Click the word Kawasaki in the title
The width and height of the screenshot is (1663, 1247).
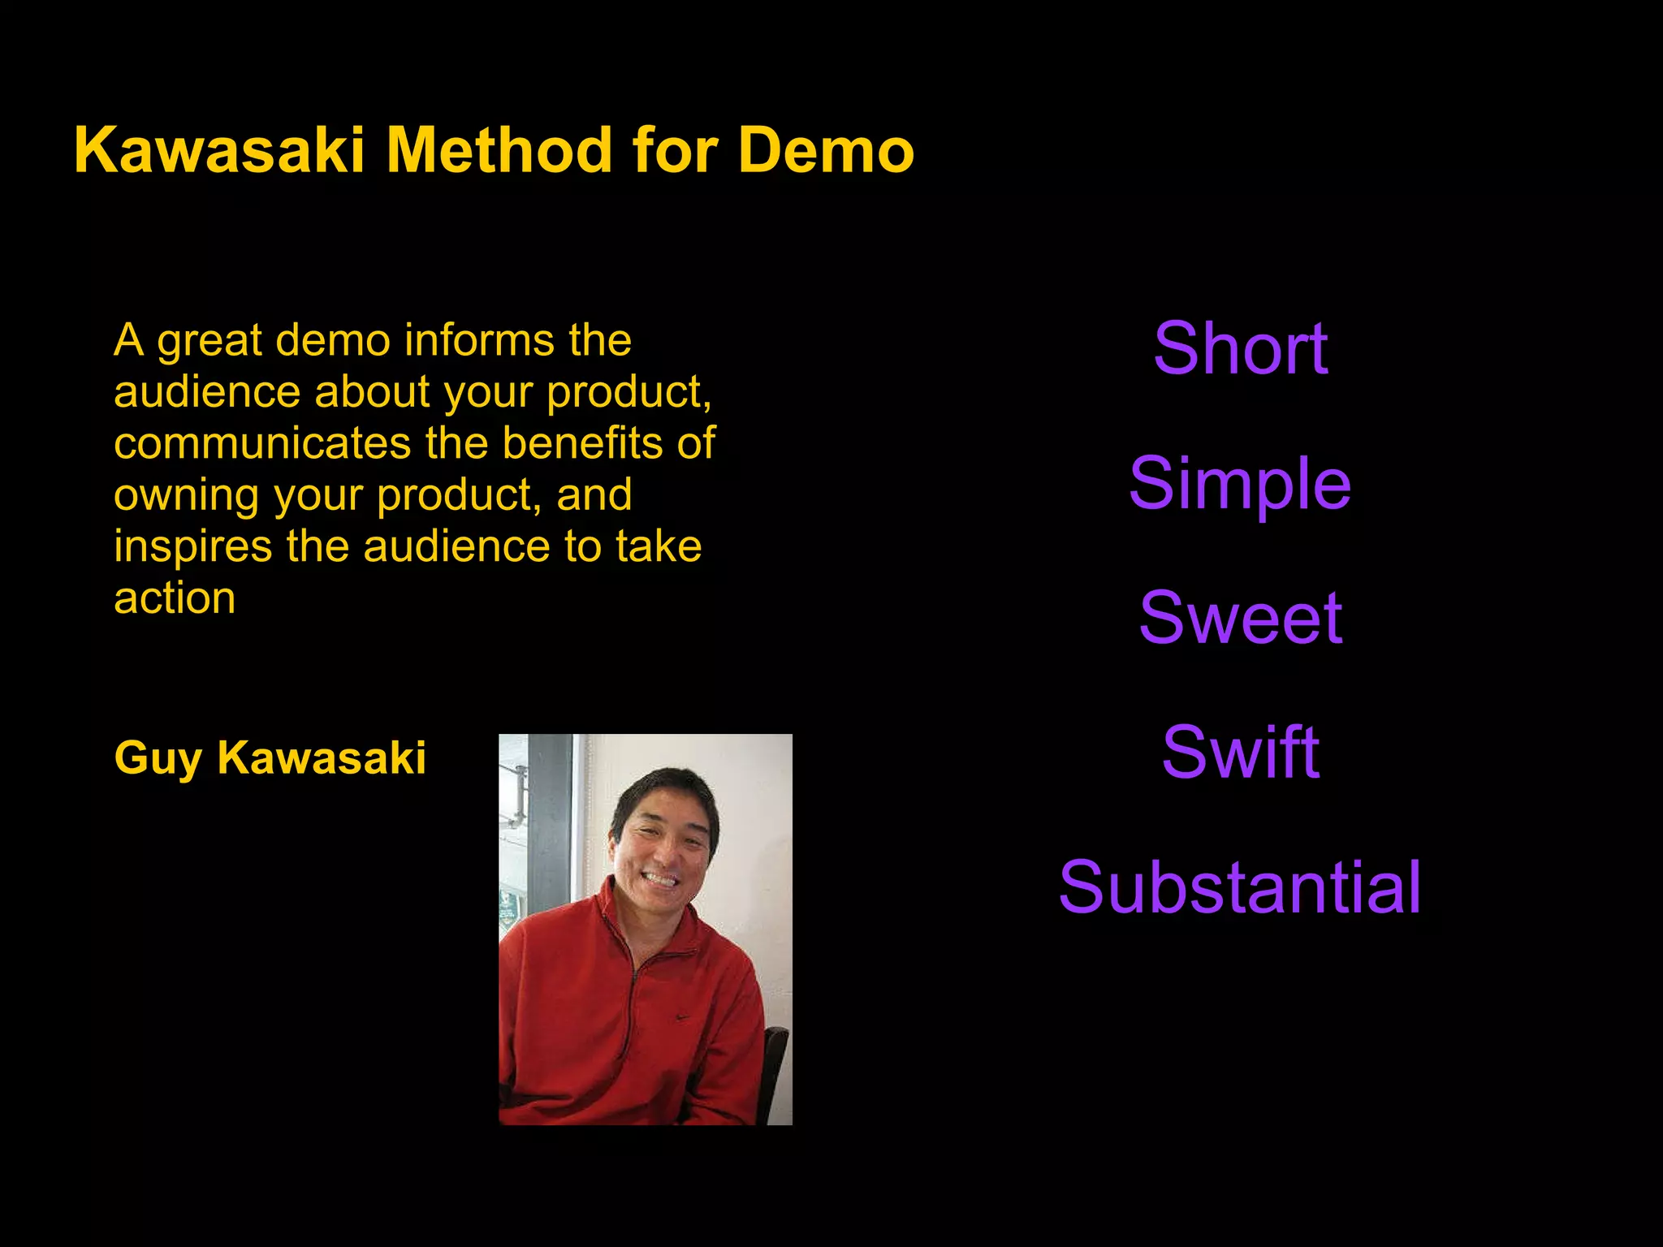click(x=219, y=151)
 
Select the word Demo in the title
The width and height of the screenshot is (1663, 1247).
click(x=826, y=151)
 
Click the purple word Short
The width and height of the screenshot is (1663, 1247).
click(x=1240, y=348)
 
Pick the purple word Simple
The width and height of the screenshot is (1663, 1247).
click(x=1240, y=485)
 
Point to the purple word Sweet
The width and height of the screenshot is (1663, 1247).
click(x=1240, y=618)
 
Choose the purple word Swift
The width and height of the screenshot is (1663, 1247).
click(x=1240, y=753)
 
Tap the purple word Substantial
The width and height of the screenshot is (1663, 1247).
click(x=1240, y=887)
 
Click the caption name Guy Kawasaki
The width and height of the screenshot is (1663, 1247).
click(x=270, y=758)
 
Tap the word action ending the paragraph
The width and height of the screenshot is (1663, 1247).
click(x=175, y=599)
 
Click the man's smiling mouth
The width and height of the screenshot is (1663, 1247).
click(x=659, y=879)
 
